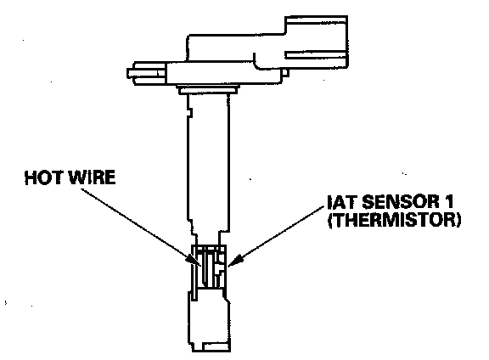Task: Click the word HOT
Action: (44, 177)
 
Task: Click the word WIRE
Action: (92, 177)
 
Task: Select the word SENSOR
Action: (401, 201)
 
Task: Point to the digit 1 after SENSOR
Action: (449, 201)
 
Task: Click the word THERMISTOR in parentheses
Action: (394, 220)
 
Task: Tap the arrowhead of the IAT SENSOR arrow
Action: (234, 261)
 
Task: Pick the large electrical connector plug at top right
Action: (316, 42)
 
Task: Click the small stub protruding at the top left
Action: (146, 73)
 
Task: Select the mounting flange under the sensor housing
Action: (208, 89)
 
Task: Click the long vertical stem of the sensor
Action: (208, 166)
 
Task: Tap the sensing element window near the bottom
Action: (209, 267)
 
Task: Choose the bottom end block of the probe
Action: (209, 320)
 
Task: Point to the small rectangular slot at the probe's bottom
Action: (216, 346)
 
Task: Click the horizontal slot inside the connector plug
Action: (316, 55)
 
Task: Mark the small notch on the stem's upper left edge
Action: (189, 112)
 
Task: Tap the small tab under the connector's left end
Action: (285, 73)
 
